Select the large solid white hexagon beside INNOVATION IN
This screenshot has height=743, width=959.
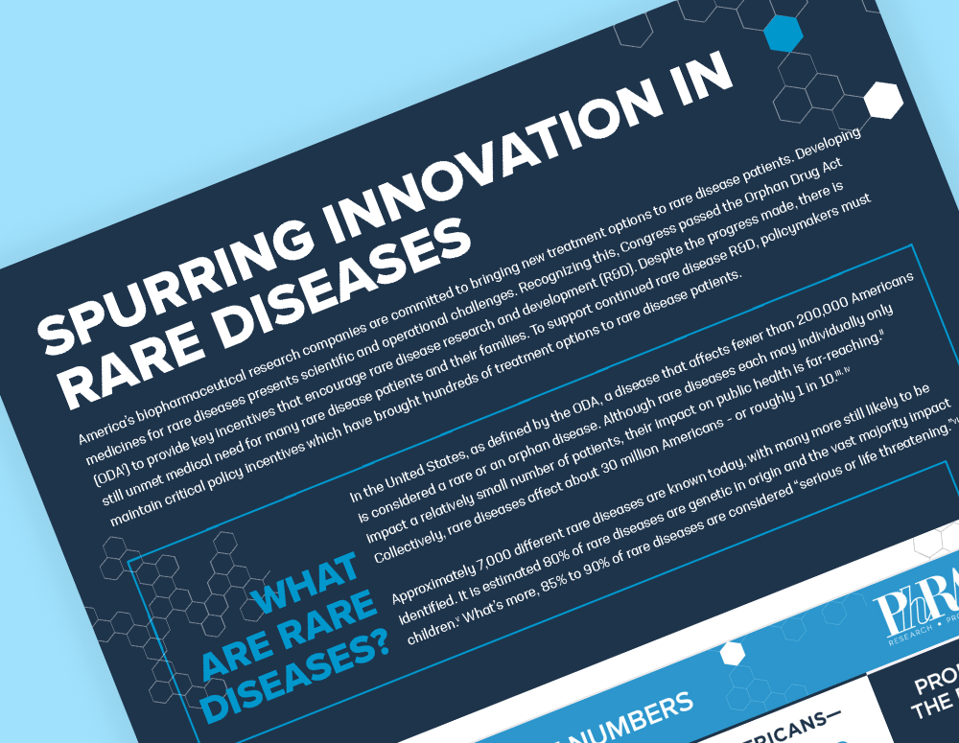(881, 101)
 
